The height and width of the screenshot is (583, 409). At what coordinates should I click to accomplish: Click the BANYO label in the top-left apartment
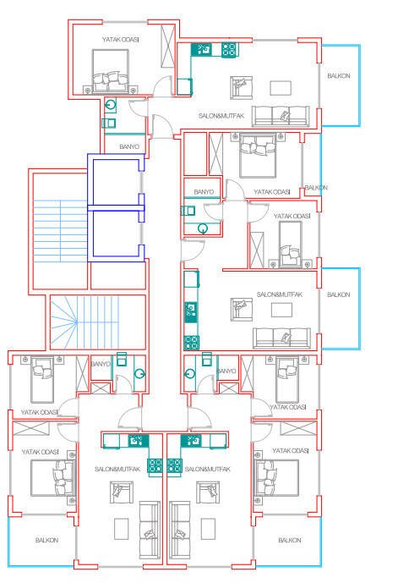pos(129,147)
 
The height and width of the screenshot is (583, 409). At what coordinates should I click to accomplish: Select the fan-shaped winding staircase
pos(98,322)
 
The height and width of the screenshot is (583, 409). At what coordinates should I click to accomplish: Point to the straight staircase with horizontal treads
pos(60,230)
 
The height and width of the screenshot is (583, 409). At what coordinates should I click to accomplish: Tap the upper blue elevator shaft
pos(115,181)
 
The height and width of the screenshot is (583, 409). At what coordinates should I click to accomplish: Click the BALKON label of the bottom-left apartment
pos(46,540)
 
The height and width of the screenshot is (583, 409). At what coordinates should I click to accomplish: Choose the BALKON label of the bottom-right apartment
pos(289,540)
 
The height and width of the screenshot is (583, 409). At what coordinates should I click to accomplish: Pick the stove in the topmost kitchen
pos(230,50)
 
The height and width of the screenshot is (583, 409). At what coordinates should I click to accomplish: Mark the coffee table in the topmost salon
pos(281,88)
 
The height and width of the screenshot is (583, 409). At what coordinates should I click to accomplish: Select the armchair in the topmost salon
pos(241,88)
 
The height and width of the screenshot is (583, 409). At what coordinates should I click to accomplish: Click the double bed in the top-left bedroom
pos(111,71)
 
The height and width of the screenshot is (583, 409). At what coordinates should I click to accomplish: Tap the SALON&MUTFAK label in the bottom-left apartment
pos(117,470)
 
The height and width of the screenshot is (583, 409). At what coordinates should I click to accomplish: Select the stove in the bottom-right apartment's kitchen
pos(174,465)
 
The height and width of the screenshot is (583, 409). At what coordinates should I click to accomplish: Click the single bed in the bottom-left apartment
pos(41,380)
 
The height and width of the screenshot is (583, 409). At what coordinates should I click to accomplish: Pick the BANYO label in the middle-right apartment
pos(204,192)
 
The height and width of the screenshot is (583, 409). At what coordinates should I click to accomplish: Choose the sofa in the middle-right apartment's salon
pos(281,338)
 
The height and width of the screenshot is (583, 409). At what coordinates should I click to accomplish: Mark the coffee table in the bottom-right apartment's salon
pos(208,529)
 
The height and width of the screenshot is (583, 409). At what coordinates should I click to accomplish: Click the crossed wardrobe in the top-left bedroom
pos(168,46)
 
